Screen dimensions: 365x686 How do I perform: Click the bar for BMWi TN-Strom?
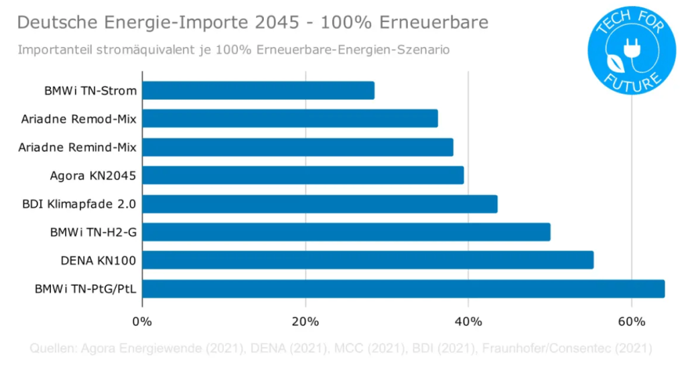pyautogui.click(x=258, y=91)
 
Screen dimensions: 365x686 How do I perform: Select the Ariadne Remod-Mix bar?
pyautogui.click(x=289, y=119)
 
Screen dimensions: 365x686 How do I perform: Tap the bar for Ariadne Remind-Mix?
pyautogui.click(x=297, y=147)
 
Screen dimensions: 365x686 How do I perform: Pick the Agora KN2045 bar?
pyautogui.click(x=303, y=175)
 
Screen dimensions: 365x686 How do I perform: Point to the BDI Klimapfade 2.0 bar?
pyautogui.click(x=320, y=204)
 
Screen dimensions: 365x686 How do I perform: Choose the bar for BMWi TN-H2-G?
pyautogui.click(x=346, y=232)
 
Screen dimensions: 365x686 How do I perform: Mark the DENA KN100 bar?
pyautogui.click(x=368, y=260)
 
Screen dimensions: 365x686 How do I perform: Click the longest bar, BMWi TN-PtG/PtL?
pyautogui.click(x=403, y=289)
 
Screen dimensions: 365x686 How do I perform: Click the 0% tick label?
pyautogui.click(x=143, y=321)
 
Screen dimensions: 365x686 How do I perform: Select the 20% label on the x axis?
pyautogui.click(x=305, y=321)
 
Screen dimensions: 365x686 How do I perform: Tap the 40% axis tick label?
pyautogui.click(x=468, y=321)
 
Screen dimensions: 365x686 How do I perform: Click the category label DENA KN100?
pyautogui.click(x=98, y=260)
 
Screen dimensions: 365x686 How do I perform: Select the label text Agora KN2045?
pyautogui.click(x=93, y=176)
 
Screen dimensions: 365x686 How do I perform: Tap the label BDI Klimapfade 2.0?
pyautogui.click(x=79, y=204)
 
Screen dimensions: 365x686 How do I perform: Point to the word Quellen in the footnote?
pyautogui.click(x=52, y=348)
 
